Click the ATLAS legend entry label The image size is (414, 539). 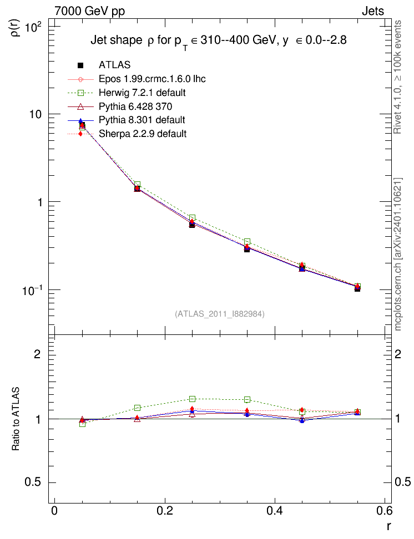tap(114, 65)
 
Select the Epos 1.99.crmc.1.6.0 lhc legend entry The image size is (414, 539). tap(152, 79)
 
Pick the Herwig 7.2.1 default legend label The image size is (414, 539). tap(142, 93)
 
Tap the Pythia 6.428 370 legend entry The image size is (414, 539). tap(135, 106)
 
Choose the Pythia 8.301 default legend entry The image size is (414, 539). tap(142, 120)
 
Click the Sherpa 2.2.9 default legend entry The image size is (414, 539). tap(143, 134)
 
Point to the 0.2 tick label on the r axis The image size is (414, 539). tap(164, 511)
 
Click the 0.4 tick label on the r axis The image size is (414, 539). tap(275, 511)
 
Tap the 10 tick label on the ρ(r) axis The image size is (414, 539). tap(35, 114)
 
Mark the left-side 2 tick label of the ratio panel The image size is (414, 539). tap(37, 354)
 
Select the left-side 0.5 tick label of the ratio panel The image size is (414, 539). tap(33, 482)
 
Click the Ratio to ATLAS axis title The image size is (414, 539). tap(16, 419)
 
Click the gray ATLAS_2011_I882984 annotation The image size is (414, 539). tap(220, 314)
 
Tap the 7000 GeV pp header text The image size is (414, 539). tap(89, 11)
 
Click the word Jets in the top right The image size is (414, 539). tap(373, 11)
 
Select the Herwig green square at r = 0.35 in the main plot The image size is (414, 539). tap(247, 242)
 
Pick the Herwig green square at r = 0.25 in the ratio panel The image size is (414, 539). tap(193, 399)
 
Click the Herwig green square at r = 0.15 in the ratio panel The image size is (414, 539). tap(137, 408)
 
